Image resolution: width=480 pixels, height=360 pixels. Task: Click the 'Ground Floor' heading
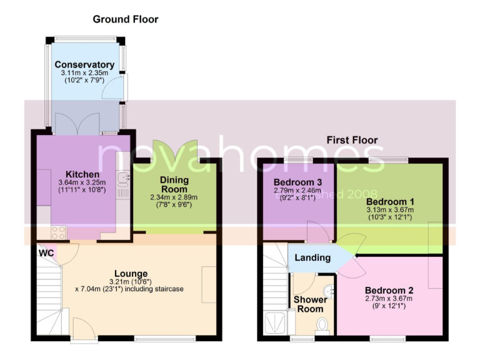coord(126,19)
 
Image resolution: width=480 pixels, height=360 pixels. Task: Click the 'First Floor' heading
coord(352,140)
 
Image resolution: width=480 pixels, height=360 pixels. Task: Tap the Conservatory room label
coord(84,64)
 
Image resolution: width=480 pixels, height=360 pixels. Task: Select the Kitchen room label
coord(83,174)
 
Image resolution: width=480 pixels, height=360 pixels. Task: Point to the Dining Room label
coord(174,184)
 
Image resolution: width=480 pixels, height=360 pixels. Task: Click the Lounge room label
coord(131,273)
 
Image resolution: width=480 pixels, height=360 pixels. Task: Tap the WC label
coord(46,253)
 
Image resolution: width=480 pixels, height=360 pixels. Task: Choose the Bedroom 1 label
coord(390,202)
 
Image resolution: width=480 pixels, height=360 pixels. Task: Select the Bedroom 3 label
coord(297,182)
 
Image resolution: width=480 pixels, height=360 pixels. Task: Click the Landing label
coord(312,257)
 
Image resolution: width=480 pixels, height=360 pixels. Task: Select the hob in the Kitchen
coord(58,232)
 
